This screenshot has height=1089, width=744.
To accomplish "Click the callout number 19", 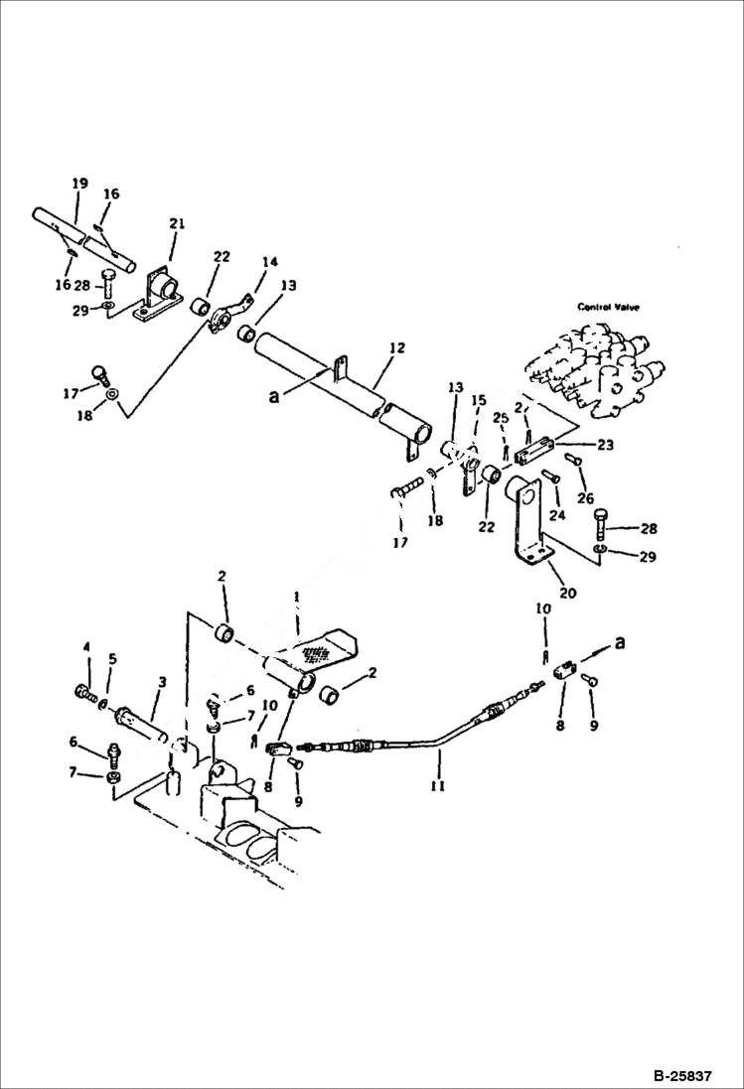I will click(x=79, y=184).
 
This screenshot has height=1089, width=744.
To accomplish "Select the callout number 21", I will click(x=176, y=225).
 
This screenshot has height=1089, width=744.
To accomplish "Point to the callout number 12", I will click(x=396, y=348).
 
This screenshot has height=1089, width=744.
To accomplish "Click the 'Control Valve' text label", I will click(x=608, y=307).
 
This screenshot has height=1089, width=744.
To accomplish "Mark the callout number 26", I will click(x=585, y=497).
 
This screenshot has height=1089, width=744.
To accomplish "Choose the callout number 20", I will click(x=567, y=593).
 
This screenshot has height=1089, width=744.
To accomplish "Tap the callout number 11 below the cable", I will click(x=437, y=785).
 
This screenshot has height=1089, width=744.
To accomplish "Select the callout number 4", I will click(x=85, y=648).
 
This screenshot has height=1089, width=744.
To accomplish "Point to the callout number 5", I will click(x=112, y=658).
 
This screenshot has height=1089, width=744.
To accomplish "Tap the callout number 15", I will click(x=478, y=400).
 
